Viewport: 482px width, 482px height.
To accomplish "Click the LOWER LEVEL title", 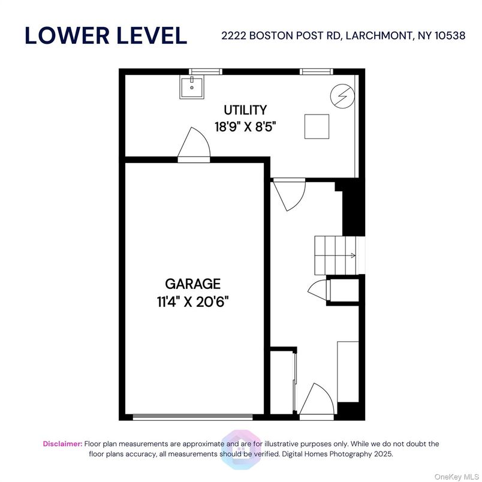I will (106, 35).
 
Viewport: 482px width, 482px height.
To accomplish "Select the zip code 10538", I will (448, 36).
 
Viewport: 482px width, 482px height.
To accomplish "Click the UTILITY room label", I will (245, 110).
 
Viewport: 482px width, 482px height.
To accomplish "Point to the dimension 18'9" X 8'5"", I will (245, 126).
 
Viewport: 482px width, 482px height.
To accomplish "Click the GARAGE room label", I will (193, 284).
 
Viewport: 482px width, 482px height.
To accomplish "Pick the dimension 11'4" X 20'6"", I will (193, 301).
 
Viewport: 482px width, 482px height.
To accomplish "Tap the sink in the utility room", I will (191, 88).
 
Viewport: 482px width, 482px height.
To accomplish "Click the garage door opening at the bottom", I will (192, 417).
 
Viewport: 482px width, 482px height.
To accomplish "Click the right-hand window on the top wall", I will (316, 72).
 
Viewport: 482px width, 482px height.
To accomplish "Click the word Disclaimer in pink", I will (62, 444).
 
